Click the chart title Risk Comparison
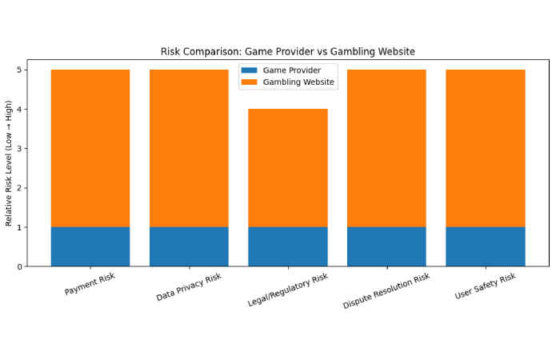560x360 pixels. pos(287,52)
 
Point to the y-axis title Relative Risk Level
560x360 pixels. pos(10,163)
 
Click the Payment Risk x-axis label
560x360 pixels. pos(90,284)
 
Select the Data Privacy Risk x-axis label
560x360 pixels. pos(189,287)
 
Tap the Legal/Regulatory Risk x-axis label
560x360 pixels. pos(287,290)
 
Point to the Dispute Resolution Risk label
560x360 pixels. pos(386,290)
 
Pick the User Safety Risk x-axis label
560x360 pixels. pos(485,286)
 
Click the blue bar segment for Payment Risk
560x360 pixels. pos(90,246)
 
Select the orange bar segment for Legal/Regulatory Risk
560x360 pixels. pos(287,168)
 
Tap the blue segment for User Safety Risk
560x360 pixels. pos(485,246)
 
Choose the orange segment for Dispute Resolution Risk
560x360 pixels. pos(386,148)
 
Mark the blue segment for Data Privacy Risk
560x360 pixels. pos(189,246)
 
